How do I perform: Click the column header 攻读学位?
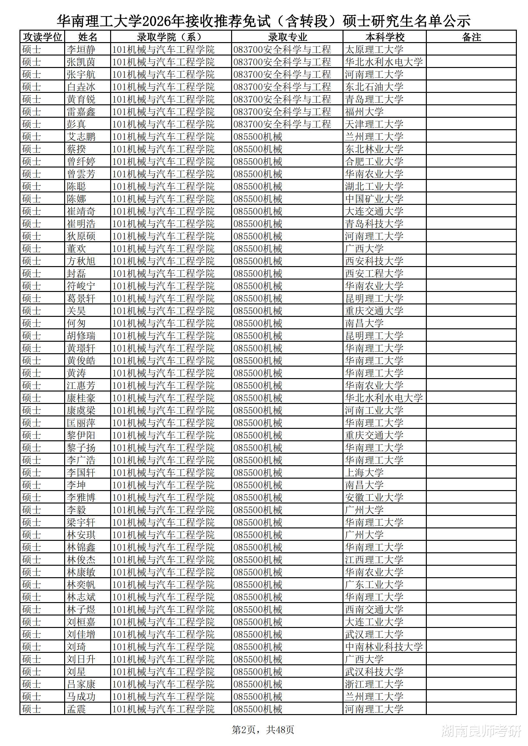click(x=42, y=37)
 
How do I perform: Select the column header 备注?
click(x=471, y=37)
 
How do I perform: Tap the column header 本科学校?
click(x=385, y=37)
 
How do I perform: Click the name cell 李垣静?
click(x=81, y=49)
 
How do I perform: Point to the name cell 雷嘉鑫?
click(x=81, y=112)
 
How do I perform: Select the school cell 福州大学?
click(x=364, y=112)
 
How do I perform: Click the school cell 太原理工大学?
click(x=374, y=49)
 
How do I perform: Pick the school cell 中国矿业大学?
click(x=374, y=199)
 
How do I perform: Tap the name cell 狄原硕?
click(x=81, y=236)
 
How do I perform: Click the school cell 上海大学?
click(x=364, y=473)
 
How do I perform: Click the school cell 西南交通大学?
click(x=374, y=609)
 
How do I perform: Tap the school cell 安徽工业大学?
click(x=374, y=497)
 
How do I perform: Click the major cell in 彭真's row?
click(x=282, y=124)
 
